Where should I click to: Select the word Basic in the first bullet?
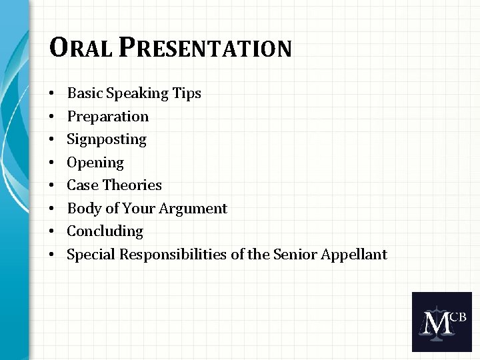pos(83,93)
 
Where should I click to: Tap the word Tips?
pos(187,93)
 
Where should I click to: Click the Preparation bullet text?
pos(108,117)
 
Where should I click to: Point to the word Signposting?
pos(107,139)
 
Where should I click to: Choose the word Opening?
pos(95,163)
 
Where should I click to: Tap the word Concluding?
pos(105,231)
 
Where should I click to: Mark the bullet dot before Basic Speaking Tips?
pos(52,94)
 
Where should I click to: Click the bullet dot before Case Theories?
pos(52,186)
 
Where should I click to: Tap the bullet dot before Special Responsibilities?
pos(52,255)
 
